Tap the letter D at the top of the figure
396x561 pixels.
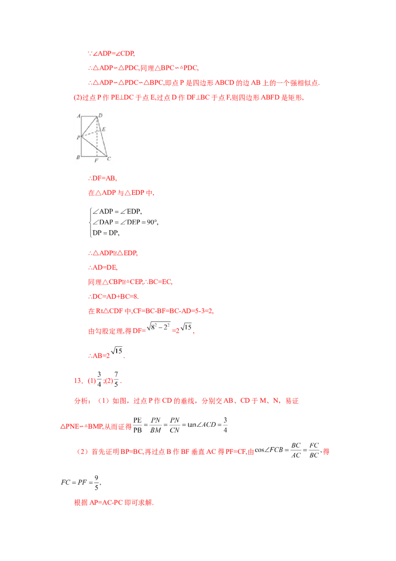coord(100,115)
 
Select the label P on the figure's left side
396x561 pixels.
coord(78,137)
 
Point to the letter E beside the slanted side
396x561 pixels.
coord(103,129)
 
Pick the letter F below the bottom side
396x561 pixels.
coord(97,161)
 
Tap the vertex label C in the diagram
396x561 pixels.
coord(109,158)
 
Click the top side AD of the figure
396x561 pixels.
coord(89,116)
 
